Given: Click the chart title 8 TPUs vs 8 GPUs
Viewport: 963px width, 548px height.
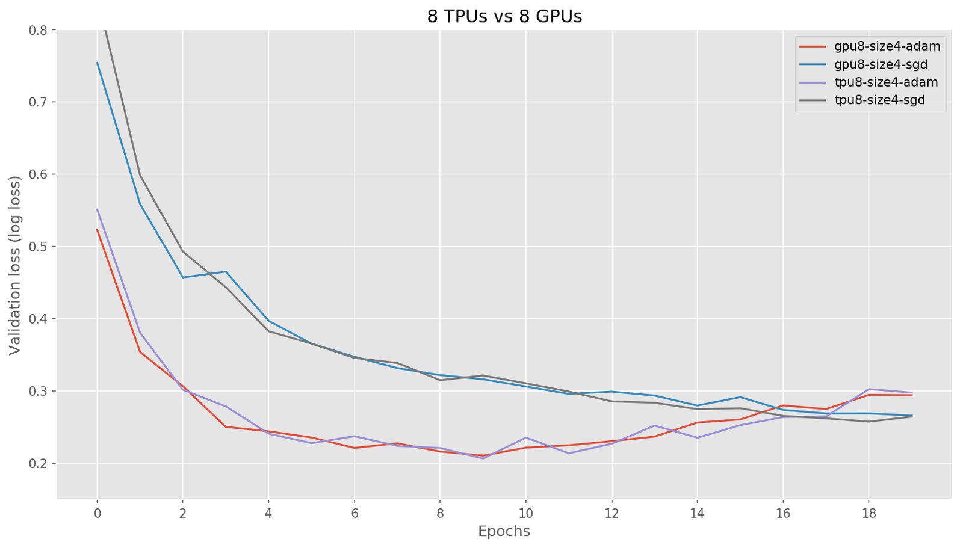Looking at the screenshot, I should coord(504,17).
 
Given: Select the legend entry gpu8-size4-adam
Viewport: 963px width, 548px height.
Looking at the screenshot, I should coord(887,46).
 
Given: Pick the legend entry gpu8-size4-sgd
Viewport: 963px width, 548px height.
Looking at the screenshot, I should coord(881,64).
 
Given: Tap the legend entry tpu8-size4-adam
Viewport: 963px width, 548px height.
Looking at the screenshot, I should coord(886,82).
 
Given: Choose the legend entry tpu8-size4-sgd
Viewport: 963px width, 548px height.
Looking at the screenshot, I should coord(879,100).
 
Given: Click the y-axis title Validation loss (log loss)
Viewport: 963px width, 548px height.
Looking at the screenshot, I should coord(15,265).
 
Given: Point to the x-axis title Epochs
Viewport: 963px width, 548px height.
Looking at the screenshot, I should coord(504,531).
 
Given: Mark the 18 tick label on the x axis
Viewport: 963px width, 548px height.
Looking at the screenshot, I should coord(869,513).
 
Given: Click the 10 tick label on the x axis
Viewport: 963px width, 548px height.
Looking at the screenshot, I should coord(525,513).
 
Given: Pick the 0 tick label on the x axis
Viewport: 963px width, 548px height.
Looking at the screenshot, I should coord(97,513).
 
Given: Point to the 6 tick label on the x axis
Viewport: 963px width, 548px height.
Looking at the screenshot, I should coord(355,513).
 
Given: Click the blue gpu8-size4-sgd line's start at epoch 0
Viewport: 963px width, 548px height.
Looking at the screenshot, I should coord(97,62).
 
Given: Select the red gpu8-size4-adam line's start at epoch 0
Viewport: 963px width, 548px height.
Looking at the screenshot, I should coord(97,229).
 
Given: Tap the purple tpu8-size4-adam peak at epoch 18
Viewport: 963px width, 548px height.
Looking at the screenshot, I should coord(869,389).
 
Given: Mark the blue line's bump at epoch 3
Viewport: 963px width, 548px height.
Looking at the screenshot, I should coord(226,271).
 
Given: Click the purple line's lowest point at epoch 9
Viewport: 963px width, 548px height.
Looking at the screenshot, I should coord(483,458).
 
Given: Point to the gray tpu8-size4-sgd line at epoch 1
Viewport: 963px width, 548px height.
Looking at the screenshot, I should coord(140,175).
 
